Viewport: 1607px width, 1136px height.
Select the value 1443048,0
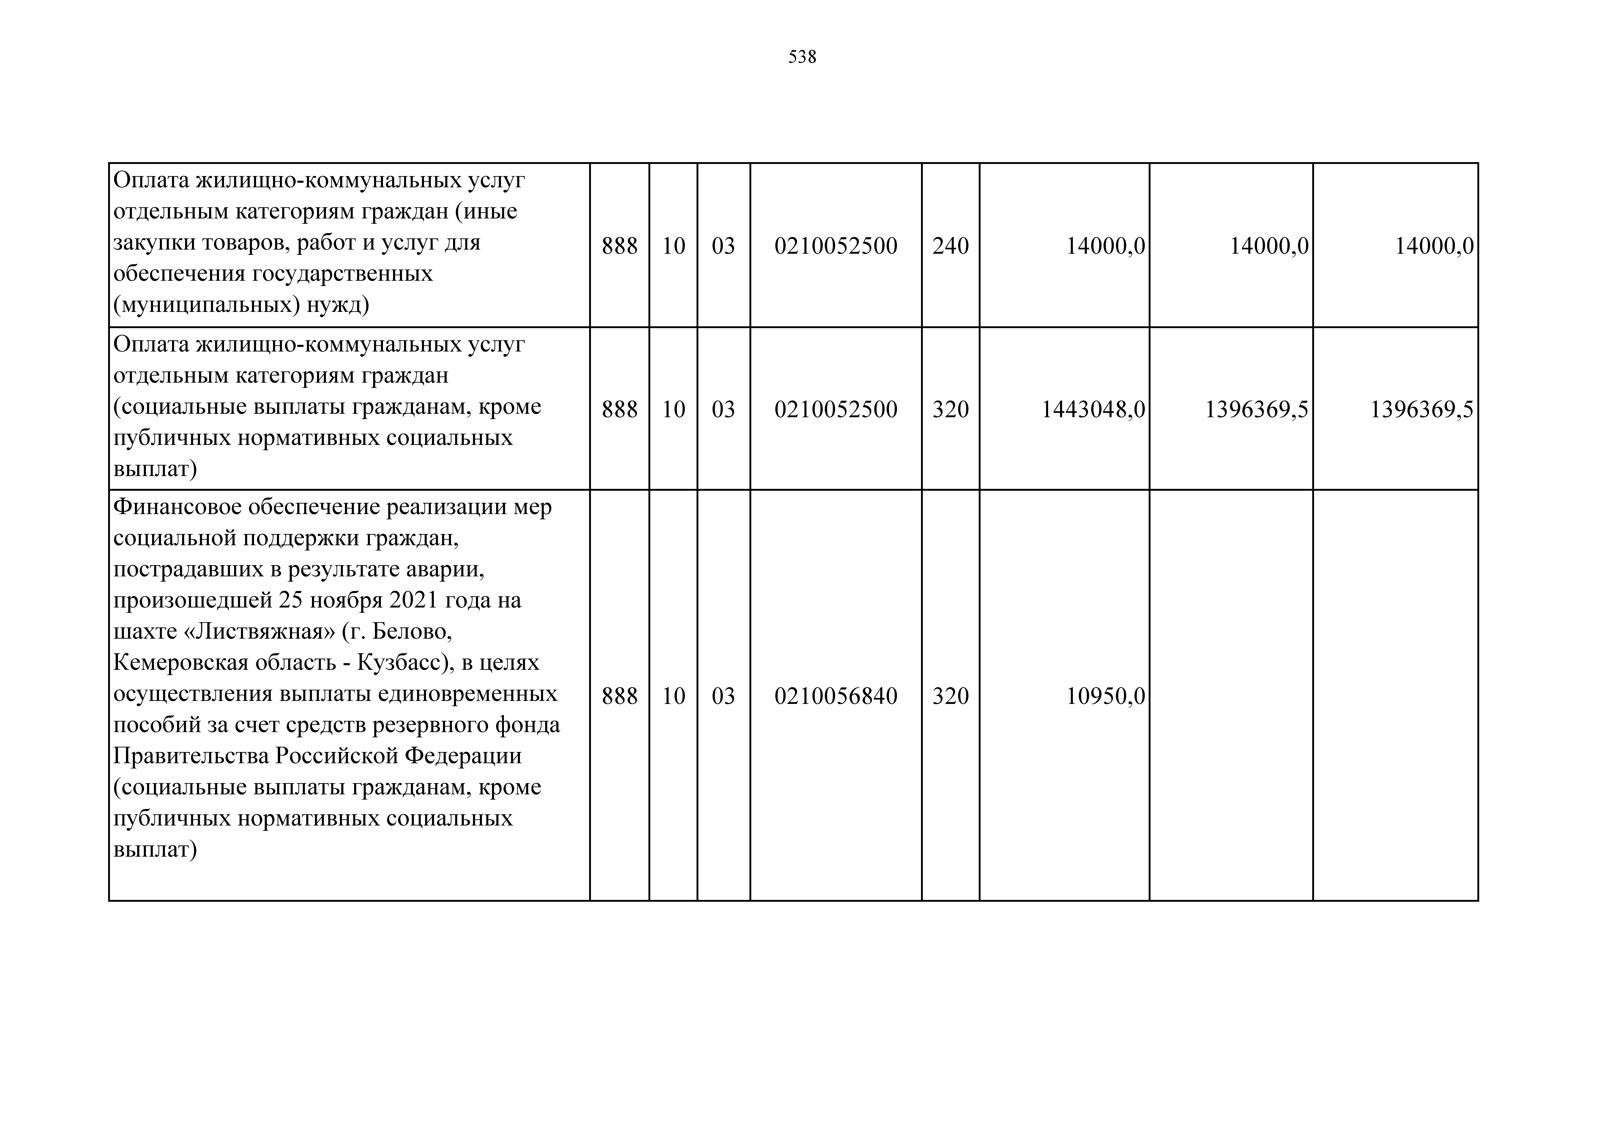(x=1093, y=409)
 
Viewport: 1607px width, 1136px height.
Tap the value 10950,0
(x=1105, y=696)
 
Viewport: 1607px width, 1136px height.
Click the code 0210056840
(x=836, y=696)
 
